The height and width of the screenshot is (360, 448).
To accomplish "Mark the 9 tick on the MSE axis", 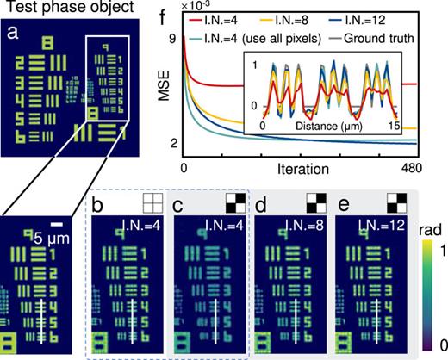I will click(173, 39).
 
